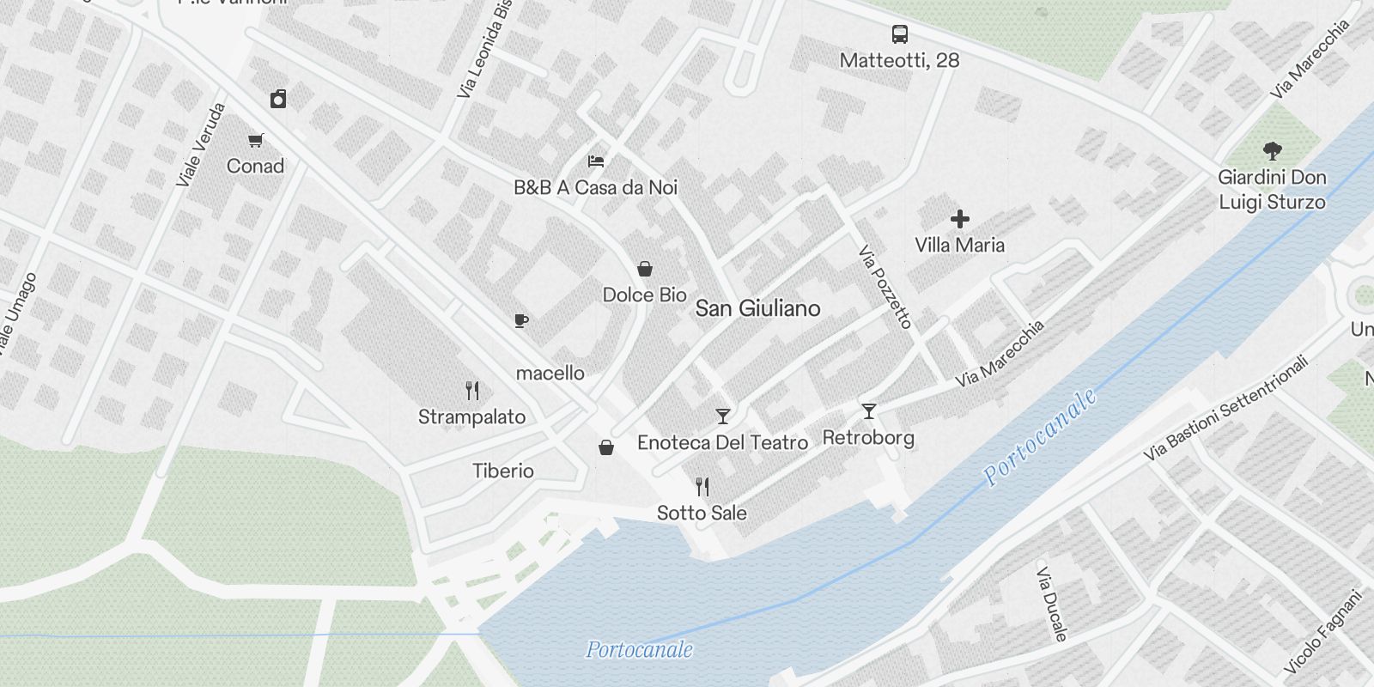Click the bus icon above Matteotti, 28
tap(899, 34)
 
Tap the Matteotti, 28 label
tap(899, 60)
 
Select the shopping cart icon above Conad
tap(255, 140)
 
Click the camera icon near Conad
tap(278, 100)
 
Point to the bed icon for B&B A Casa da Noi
tap(596, 161)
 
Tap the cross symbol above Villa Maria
tap(959, 219)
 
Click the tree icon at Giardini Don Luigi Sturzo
tap(1273, 151)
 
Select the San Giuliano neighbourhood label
tap(757, 308)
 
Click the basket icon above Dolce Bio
tap(644, 269)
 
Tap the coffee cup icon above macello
tap(520, 321)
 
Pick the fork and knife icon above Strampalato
tap(471, 391)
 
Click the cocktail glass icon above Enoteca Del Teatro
tap(723, 416)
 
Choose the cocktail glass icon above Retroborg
tap(868, 411)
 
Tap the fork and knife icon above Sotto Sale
tap(702, 487)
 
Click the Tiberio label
tap(503, 471)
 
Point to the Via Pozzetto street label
tap(885, 287)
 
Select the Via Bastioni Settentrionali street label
tap(1225, 407)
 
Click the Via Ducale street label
tap(1052, 604)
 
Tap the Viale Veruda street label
tap(202, 144)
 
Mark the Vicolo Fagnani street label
tap(1323, 631)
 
